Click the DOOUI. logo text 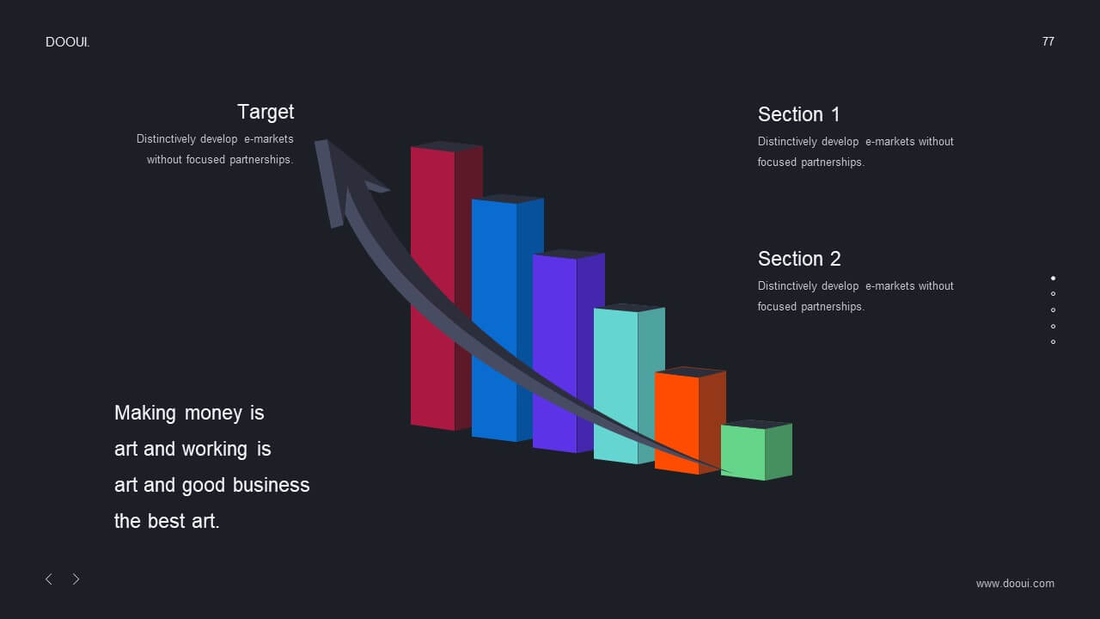[x=67, y=42]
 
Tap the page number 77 [x=1048, y=42]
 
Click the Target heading [x=266, y=113]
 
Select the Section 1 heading [x=798, y=114]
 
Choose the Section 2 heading [x=799, y=259]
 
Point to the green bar [x=756, y=450]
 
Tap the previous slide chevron [x=49, y=579]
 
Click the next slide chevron [x=76, y=579]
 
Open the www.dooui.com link [x=1015, y=584]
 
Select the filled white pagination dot [x=1053, y=278]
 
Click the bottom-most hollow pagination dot [x=1053, y=342]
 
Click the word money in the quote [x=213, y=414]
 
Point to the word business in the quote [x=271, y=486]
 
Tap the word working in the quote [x=215, y=450]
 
